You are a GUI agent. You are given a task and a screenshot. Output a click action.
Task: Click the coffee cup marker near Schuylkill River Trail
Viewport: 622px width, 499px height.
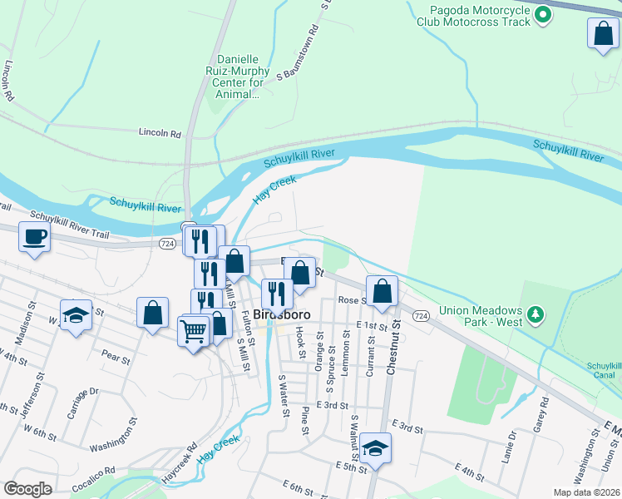(35, 236)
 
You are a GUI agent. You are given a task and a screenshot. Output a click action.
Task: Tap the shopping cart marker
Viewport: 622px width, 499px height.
(193, 330)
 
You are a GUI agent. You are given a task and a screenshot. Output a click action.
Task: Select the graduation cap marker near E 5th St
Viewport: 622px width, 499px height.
(376, 447)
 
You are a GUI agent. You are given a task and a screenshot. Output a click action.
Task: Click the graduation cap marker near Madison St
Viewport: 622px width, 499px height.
(76, 315)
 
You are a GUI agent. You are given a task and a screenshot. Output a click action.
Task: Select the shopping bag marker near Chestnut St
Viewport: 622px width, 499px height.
(382, 291)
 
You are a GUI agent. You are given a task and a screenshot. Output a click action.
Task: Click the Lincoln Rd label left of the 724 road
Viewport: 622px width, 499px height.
(160, 132)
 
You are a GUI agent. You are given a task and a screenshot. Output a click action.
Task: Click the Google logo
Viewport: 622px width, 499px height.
(27, 489)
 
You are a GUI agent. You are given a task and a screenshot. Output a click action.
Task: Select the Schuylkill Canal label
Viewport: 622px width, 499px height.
(604, 371)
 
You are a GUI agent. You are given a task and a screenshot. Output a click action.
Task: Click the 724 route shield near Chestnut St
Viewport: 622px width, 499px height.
(420, 316)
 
